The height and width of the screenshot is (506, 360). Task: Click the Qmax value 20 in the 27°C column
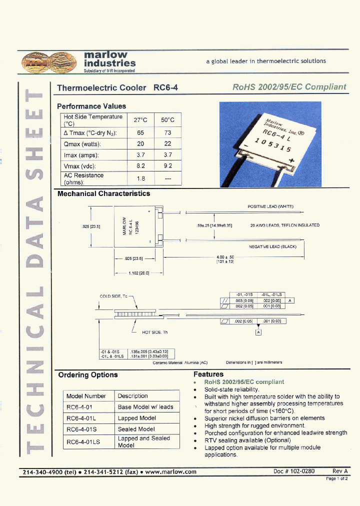140,143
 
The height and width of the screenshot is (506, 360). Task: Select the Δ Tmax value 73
167,132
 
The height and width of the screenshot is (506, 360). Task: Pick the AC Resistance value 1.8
140,178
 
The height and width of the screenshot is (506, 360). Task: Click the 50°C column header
167,120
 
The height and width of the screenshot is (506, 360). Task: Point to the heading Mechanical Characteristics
103,193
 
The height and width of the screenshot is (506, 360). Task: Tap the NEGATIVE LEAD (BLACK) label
272,246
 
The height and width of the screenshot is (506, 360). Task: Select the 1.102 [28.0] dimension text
139,273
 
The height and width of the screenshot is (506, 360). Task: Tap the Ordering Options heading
88,374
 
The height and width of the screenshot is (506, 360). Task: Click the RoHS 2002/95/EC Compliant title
289,86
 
